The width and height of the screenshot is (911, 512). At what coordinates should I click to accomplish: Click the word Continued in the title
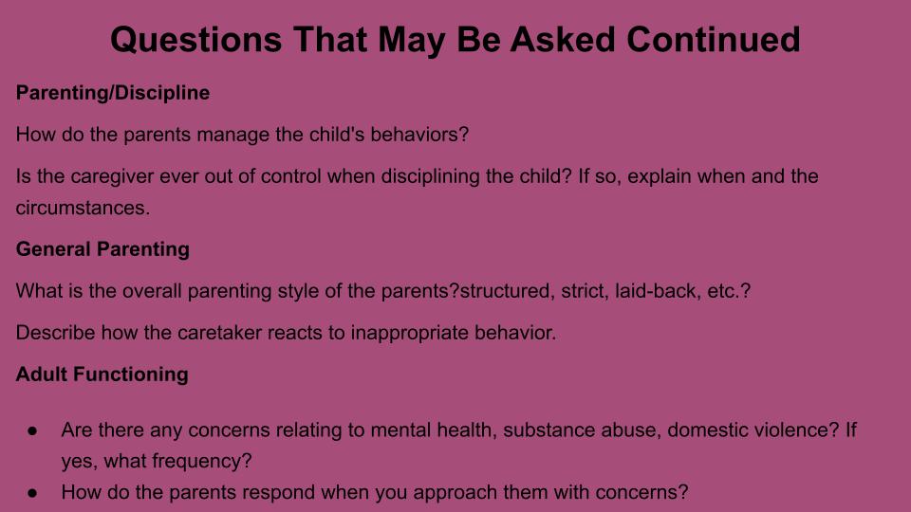pyautogui.click(x=714, y=40)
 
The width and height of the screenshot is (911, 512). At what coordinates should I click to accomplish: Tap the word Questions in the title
pyautogui.click(x=195, y=41)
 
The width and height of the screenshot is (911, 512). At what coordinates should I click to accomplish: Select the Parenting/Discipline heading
pyautogui.click(x=113, y=93)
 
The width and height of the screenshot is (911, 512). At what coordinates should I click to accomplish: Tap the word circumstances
pyautogui.click(x=83, y=208)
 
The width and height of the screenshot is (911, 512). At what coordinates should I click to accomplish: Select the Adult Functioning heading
pyautogui.click(x=102, y=375)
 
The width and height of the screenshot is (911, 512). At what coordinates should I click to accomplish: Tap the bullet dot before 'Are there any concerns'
pyautogui.click(x=32, y=430)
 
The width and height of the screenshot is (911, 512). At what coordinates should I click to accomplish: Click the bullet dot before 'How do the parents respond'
pyautogui.click(x=32, y=493)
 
